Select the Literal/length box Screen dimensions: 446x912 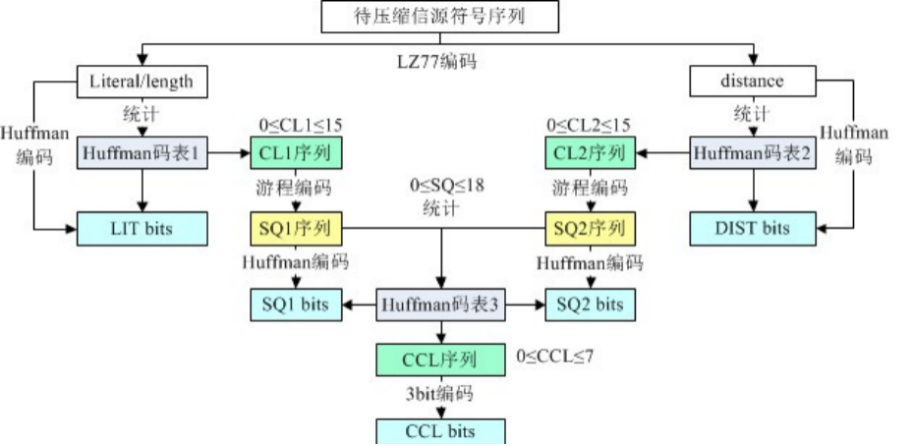[143, 82]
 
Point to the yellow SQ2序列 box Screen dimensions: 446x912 [587, 229]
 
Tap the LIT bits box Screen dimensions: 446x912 [143, 229]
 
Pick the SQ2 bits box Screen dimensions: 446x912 [588, 305]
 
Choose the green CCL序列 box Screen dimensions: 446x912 [440, 360]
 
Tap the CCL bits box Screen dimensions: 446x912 [440, 430]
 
